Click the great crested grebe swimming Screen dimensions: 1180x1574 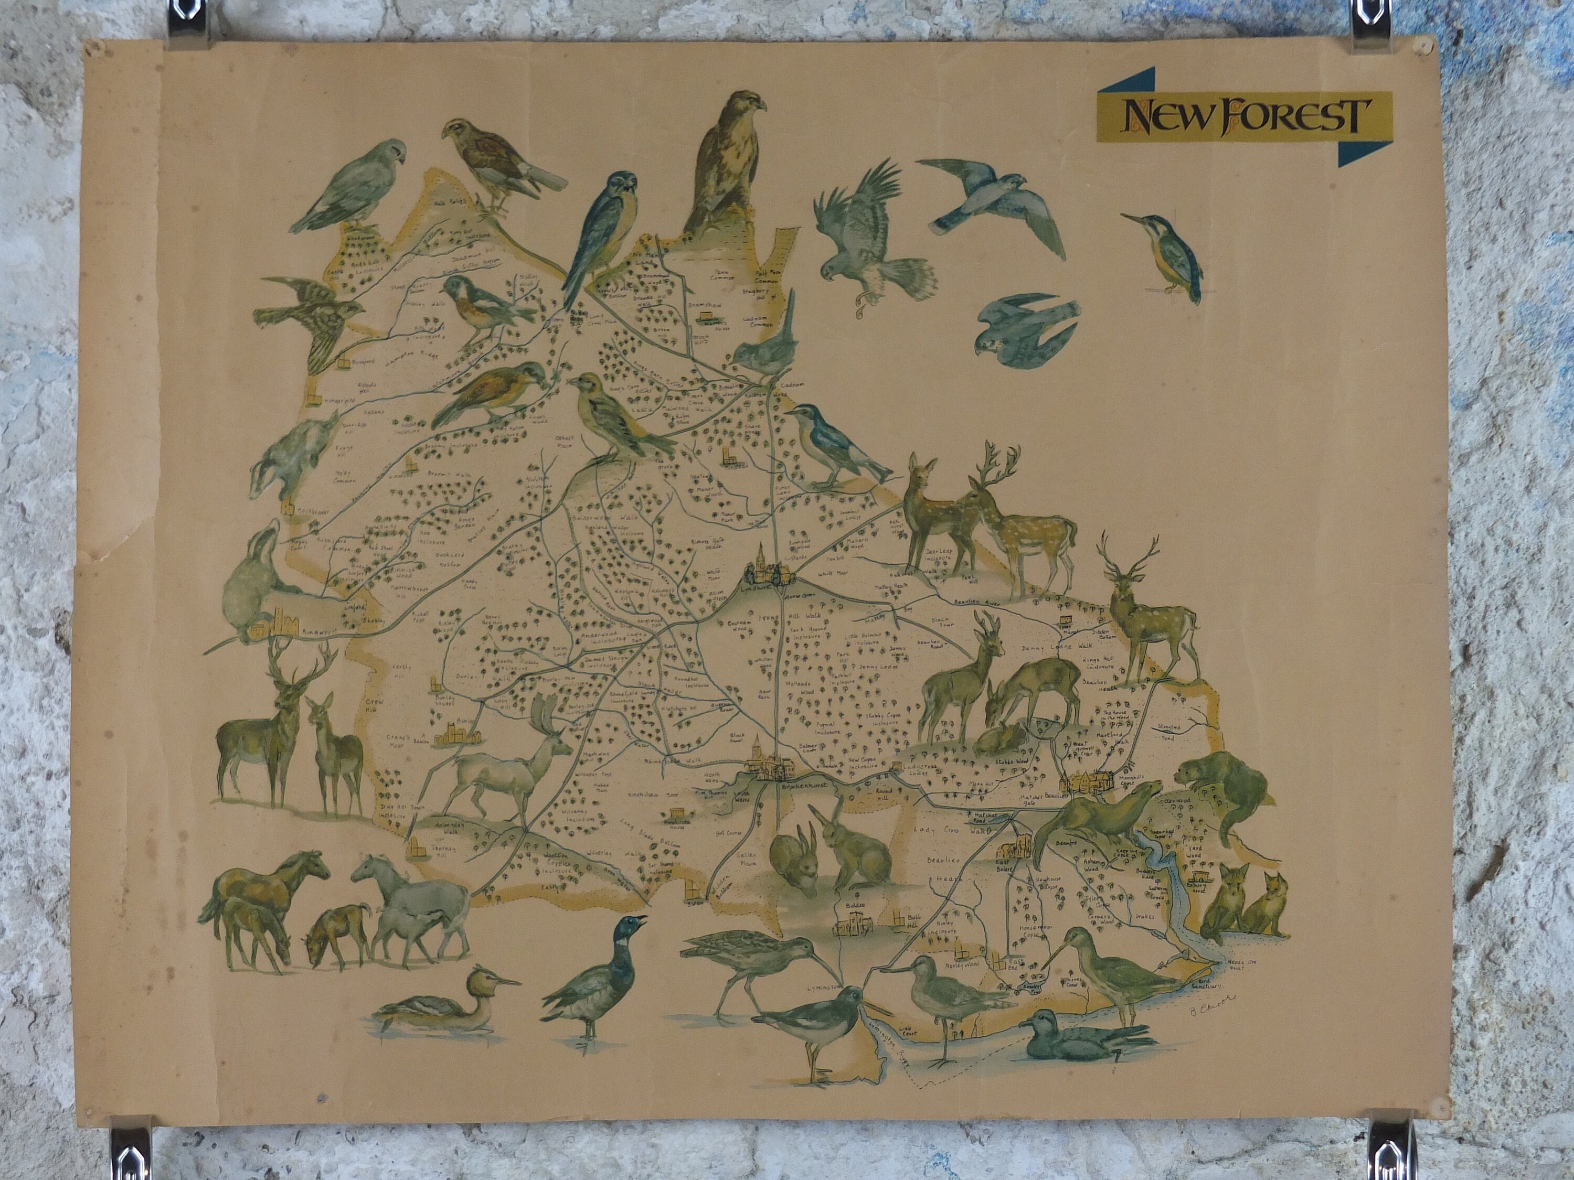(x=441, y=1003)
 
